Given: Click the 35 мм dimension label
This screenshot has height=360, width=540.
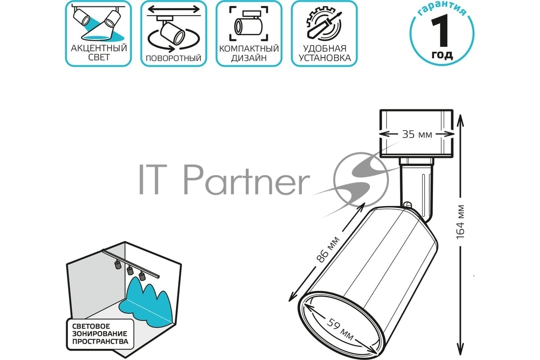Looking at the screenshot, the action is (417, 134).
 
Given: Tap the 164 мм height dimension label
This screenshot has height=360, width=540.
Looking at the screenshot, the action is (460, 222).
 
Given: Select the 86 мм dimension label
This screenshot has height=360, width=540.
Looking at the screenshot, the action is (328, 249).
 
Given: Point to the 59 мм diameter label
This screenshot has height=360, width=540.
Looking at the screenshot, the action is (340, 329).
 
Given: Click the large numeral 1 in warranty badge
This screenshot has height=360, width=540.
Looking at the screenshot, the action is (440, 31).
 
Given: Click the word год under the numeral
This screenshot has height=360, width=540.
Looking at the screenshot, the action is (442, 55).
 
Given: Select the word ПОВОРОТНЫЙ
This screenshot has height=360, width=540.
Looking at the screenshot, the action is (174, 58).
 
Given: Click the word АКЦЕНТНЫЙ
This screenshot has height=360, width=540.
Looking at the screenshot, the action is (99, 48).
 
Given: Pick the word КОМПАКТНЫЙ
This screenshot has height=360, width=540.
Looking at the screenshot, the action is (249, 49).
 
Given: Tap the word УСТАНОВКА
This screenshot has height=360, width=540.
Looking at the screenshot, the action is (325, 58).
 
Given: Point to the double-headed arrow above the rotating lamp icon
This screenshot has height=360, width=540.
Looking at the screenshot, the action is (174, 9).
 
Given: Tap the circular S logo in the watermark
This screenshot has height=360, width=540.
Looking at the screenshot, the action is (361, 180).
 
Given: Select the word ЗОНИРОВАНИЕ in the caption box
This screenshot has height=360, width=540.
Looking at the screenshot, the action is (99, 334).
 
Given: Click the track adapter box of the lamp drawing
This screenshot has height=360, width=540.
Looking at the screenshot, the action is (416, 134).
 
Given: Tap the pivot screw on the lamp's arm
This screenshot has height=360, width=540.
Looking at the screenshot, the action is (407, 205).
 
